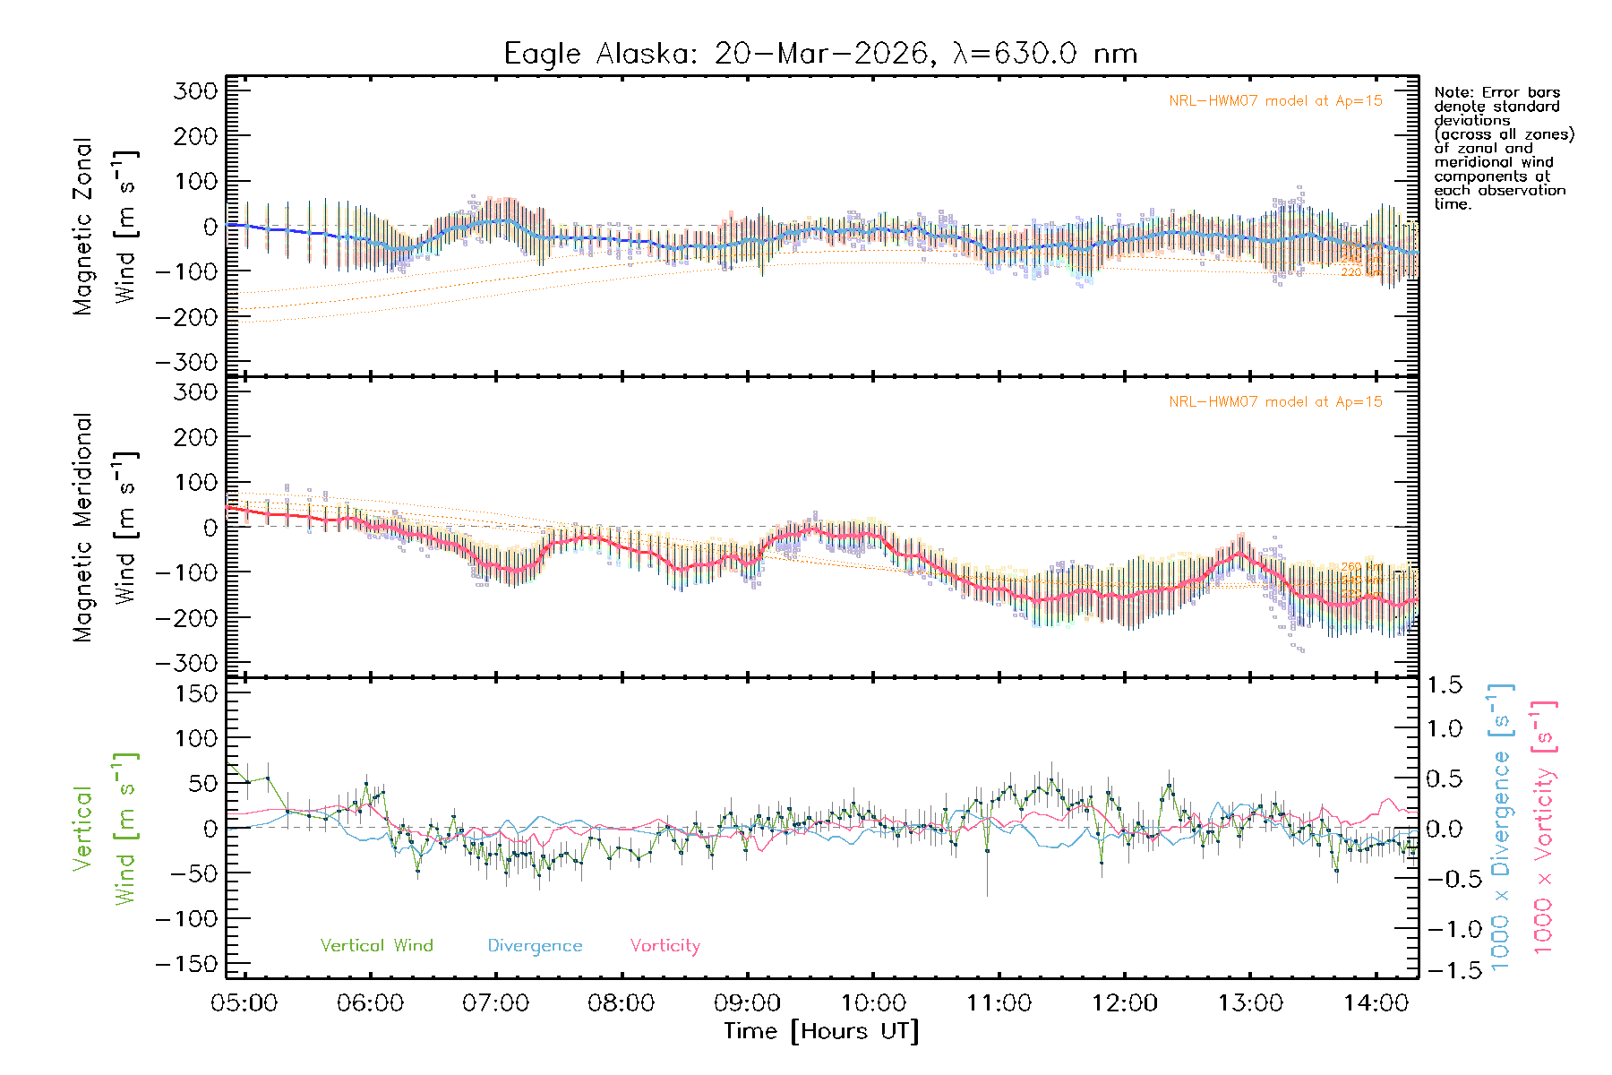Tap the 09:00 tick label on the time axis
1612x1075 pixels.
(747, 1003)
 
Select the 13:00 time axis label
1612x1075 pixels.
(1250, 1003)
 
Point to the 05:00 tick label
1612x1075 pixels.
(244, 1003)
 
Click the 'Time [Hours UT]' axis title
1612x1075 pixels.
(821, 1031)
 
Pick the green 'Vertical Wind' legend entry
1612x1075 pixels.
(376, 946)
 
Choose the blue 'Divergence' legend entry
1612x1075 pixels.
(535, 946)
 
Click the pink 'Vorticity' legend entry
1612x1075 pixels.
(665, 946)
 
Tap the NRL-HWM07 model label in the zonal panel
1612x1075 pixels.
(1275, 101)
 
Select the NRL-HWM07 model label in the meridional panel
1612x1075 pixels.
(1275, 402)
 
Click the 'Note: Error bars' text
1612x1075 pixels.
(1496, 92)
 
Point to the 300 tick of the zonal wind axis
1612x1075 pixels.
(196, 90)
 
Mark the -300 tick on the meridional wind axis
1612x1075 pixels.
(187, 663)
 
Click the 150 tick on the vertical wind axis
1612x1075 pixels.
(196, 693)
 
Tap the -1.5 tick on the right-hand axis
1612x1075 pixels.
(1444, 970)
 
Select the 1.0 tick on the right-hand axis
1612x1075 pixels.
(1444, 729)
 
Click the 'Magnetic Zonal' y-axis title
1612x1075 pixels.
(83, 227)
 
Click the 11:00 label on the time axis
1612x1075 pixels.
(999, 1003)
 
